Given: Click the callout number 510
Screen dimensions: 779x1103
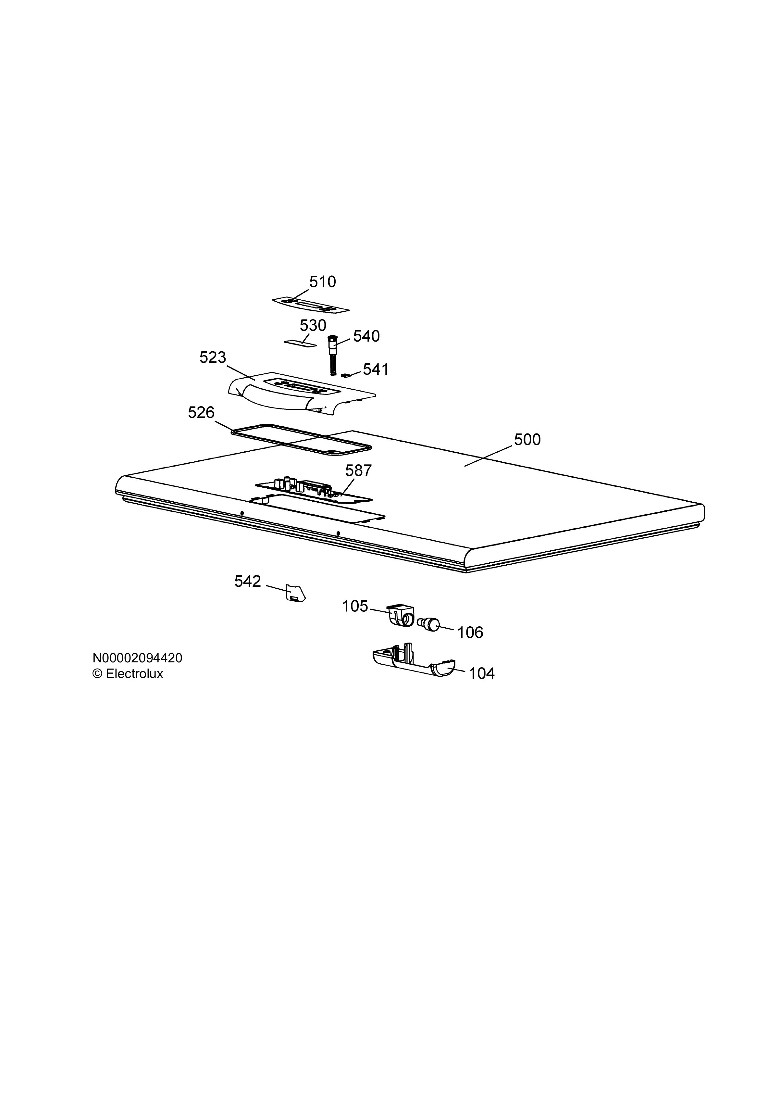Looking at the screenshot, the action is (x=322, y=282).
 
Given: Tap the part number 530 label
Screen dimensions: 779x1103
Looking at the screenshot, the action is (x=313, y=326).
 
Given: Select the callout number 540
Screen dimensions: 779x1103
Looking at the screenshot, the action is (x=366, y=336).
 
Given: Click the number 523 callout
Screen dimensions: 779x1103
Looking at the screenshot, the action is (x=213, y=357).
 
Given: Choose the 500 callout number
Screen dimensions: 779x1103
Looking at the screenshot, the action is (x=527, y=440).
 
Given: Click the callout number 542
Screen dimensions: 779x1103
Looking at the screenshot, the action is (x=248, y=582).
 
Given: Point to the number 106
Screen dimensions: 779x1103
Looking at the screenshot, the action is (x=470, y=633).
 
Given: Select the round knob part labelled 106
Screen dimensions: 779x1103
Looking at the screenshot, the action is (x=429, y=624).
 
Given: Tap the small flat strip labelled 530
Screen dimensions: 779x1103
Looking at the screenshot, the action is (x=301, y=343).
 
